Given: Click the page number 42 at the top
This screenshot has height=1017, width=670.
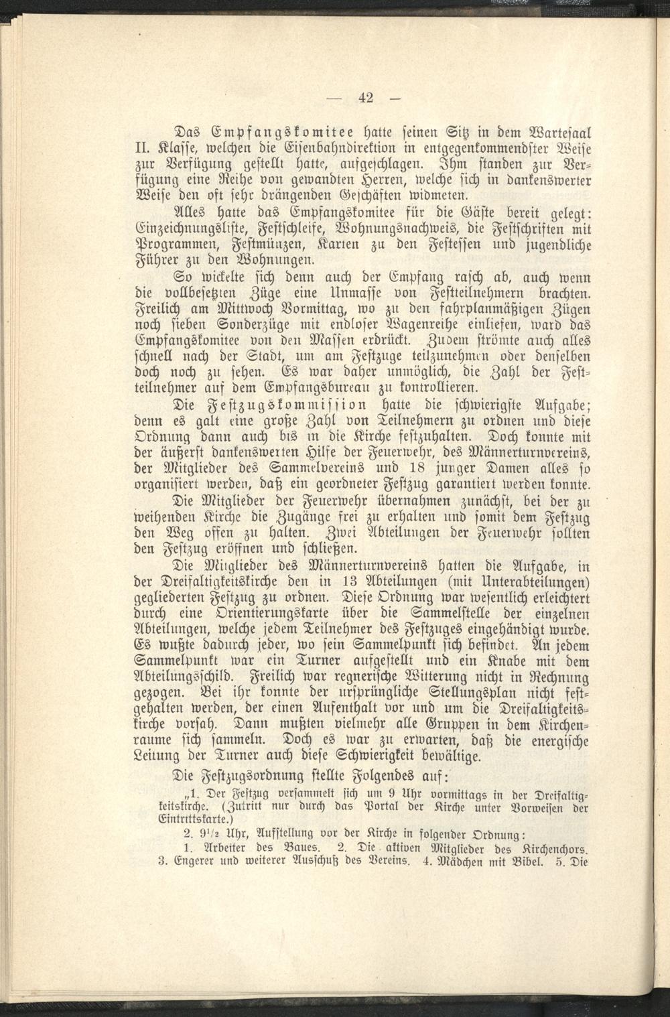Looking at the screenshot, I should [365, 98].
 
